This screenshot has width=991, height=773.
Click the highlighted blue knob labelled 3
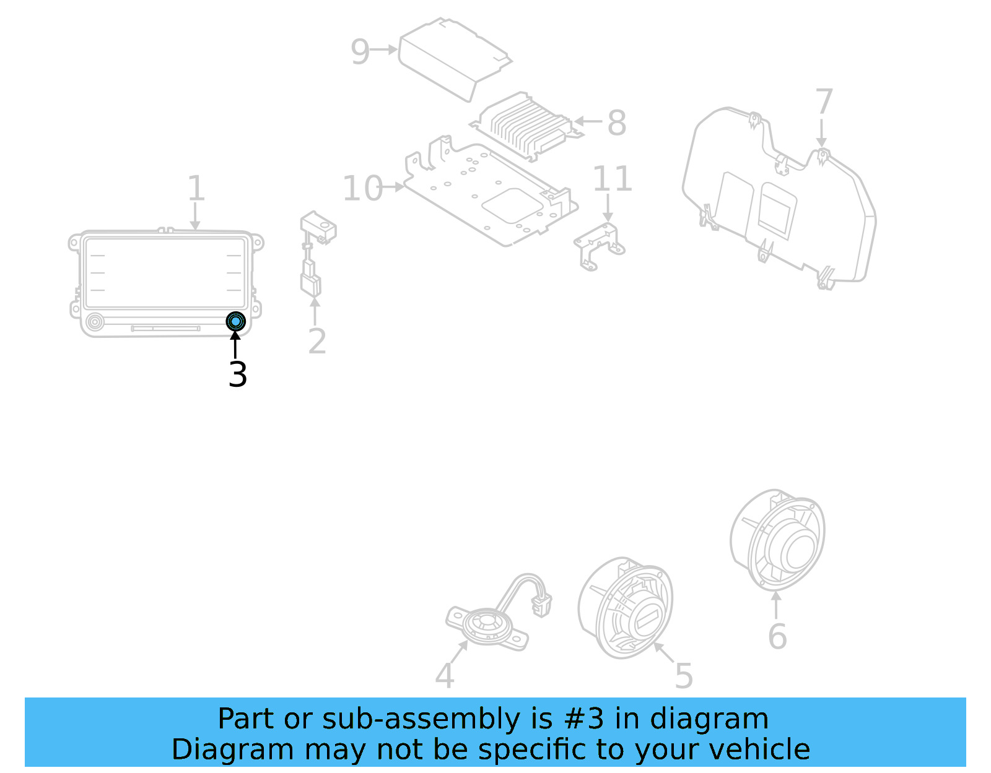[x=235, y=321]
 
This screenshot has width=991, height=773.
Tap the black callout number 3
[x=238, y=374]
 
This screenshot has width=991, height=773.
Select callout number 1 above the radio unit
[x=196, y=188]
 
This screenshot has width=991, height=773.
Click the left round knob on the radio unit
[x=95, y=322]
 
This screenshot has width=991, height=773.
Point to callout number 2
[x=317, y=341]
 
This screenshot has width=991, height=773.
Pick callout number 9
[x=360, y=51]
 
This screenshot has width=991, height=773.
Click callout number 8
[x=616, y=123]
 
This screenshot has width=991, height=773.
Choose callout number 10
[x=363, y=188]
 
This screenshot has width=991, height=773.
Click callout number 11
[x=612, y=179]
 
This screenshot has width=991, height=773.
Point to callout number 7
[x=824, y=102]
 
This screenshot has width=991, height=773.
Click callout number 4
[x=444, y=675]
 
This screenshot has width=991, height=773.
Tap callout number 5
[x=684, y=675]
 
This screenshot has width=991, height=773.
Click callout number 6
[x=777, y=636]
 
